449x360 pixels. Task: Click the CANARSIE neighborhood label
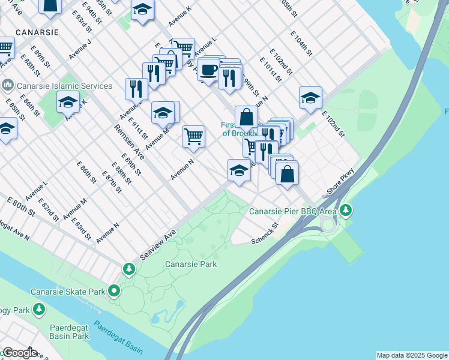click(37, 31)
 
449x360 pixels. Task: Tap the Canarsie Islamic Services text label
click(65, 86)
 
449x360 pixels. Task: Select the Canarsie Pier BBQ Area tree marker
click(346, 211)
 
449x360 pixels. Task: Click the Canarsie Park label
click(191, 264)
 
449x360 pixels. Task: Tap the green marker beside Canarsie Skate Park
click(114, 292)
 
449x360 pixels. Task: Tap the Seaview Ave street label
click(157, 246)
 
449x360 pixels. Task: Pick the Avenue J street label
click(80, 49)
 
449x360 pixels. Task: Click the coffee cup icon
click(208, 70)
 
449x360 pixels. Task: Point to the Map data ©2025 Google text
click(412, 355)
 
